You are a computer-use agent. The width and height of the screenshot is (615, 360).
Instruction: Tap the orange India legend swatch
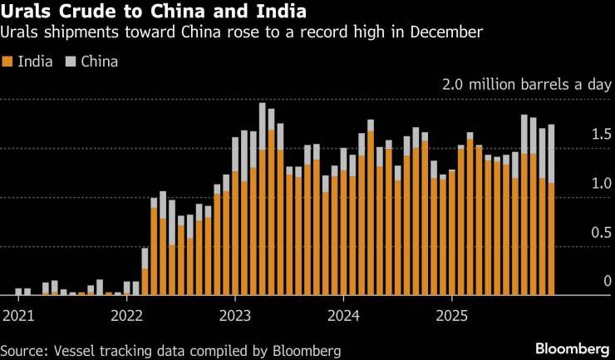click(x=7, y=62)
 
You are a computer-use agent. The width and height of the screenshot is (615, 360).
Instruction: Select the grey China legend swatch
click(x=71, y=62)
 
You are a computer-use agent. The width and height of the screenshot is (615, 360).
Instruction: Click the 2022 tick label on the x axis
click(x=126, y=315)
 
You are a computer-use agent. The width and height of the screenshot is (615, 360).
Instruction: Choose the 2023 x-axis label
click(x=235, y=315)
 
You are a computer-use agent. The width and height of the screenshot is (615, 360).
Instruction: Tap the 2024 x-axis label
click(x=343, y=315)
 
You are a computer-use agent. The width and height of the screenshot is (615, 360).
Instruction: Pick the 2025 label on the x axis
click(x=452, y=315)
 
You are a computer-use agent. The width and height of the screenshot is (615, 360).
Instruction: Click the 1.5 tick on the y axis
click(x=602, y=135)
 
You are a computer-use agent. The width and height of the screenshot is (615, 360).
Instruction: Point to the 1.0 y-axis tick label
click(x=602, y=184)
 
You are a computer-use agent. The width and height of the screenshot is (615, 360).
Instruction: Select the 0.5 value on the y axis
click(x=602, y=233)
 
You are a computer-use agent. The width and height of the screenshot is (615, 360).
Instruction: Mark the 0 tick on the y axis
click(x=608, y=282)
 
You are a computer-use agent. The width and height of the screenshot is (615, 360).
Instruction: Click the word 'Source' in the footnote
click(x=22, y=350)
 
